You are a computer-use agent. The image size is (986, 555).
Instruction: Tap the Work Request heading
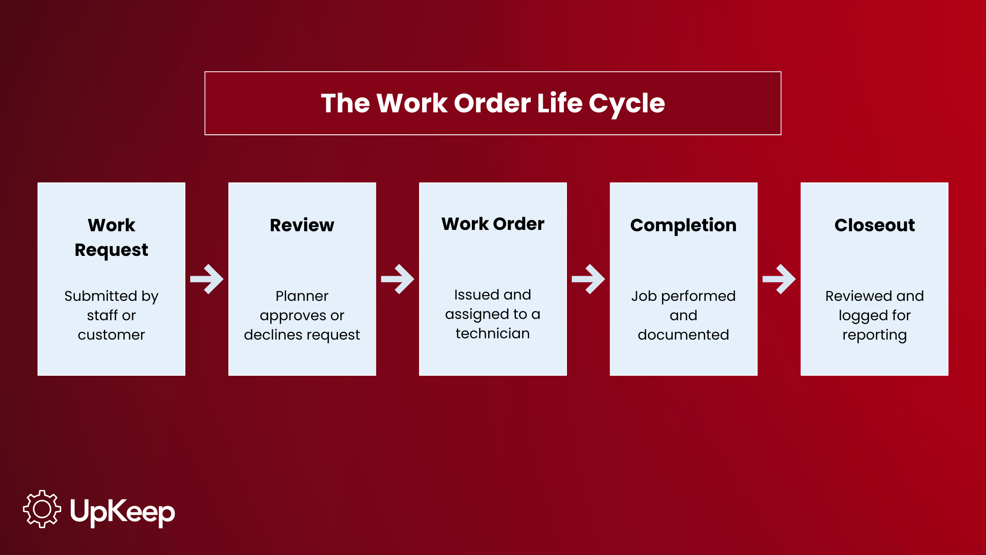pos(111,238)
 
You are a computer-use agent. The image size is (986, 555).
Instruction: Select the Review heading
pos(302,225)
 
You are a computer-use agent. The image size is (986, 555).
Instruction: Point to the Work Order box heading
pos(493,224)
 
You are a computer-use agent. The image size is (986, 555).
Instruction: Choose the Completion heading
pos(683,226)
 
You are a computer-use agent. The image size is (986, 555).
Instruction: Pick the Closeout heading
pos(874,225)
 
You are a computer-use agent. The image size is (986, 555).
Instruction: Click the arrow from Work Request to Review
pos(207,279)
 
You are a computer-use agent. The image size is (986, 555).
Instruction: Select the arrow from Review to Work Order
pos(397,279)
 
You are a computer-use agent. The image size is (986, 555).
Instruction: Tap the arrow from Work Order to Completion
pos(588,279)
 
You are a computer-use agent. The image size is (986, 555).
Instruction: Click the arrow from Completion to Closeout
pos(779,279)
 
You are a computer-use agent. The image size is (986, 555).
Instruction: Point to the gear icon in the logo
pos(42,509)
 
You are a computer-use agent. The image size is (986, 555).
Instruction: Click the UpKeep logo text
pos(122,512)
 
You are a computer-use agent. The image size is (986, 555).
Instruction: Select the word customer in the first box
pos(111,335)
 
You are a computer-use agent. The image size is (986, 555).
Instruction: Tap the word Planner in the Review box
pos(302,296)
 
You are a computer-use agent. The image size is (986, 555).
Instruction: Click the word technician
pos(493,333)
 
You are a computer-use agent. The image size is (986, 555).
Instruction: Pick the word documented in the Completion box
pos(683,335)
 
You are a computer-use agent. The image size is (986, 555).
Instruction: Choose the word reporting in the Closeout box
pos(874,336)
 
